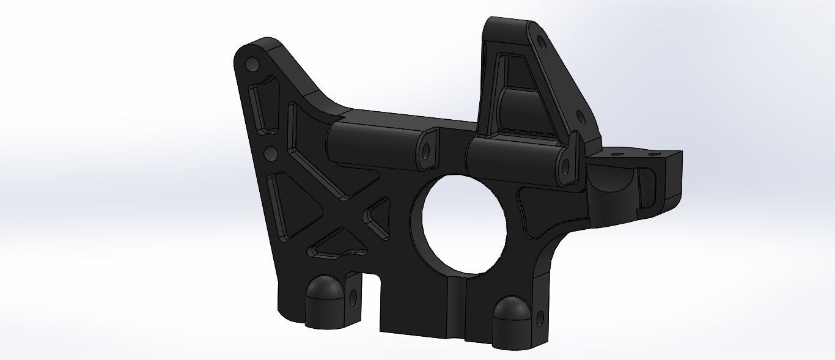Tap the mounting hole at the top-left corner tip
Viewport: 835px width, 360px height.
[251, 64]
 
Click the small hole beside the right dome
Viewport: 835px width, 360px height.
[540, 317]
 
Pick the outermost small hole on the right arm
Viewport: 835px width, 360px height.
[657, 155]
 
